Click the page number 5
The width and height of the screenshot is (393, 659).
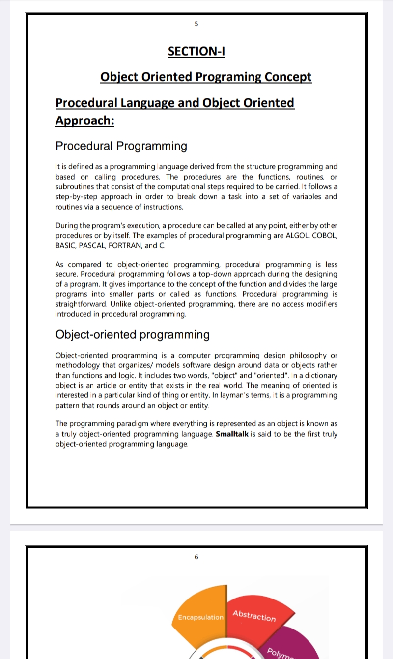click(x=196, y=24)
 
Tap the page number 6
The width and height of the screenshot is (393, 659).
click(x=196, y=557)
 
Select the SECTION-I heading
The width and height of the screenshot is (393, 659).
click(x=196, y=51)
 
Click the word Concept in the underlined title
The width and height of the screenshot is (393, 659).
click(x=288, y=77)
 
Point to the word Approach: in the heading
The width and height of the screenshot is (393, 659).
click(x=84, y=121)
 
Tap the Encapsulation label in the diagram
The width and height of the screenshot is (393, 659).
click(x=200, y=617)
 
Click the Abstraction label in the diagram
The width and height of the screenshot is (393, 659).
click(x=254, y=616)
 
